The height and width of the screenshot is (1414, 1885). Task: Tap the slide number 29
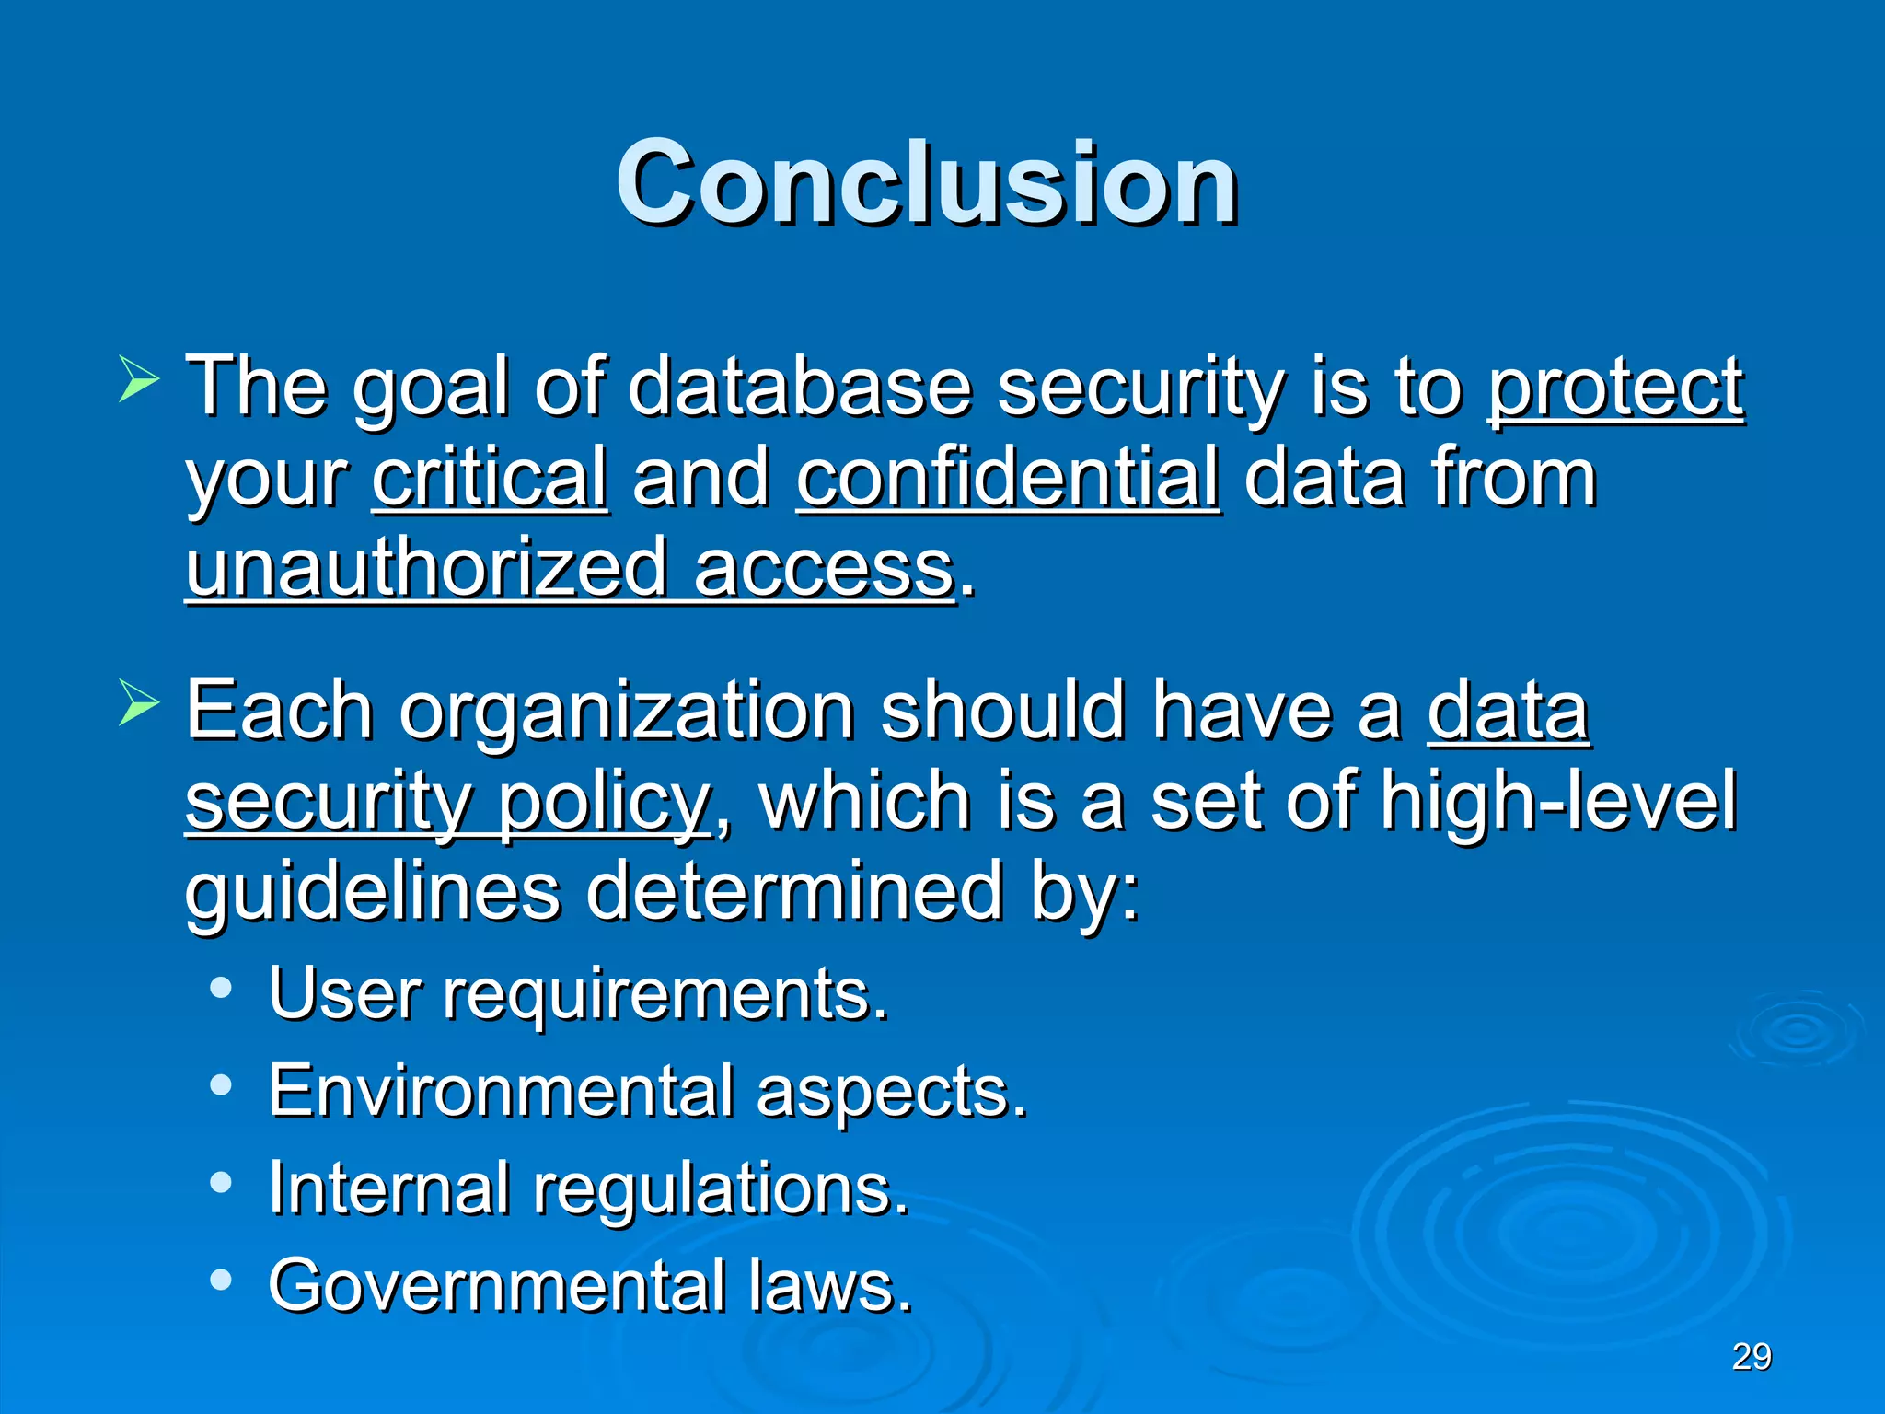[1752, 1357]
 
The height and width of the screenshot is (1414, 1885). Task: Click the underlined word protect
[1615, 388]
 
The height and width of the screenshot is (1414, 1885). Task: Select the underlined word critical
[490, 478]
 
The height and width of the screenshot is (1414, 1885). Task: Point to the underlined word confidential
[1009, 478]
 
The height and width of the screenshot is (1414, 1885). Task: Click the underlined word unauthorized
[426, 569]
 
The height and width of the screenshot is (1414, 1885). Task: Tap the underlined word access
[825, 569]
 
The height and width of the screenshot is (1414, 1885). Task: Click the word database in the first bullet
[799, 388]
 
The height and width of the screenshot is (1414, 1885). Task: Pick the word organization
[626, 711]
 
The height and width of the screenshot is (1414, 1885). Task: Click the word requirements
[665, 995]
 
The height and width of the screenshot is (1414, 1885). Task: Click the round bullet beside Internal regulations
[221, 1182]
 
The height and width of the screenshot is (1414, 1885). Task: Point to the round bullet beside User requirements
[221, 989]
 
